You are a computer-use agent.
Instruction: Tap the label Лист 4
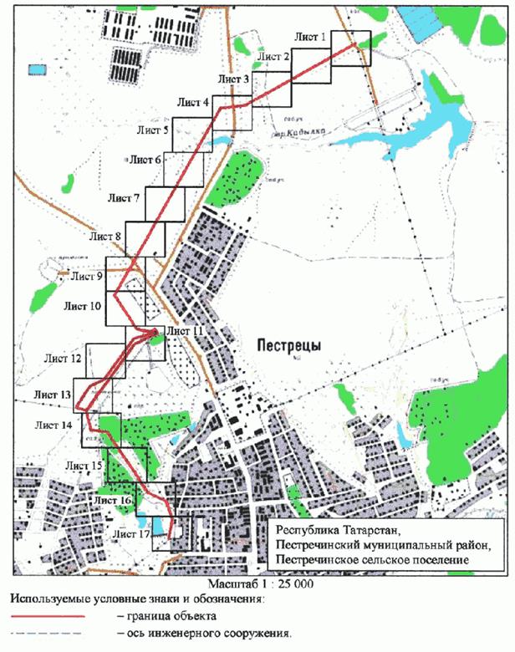tap(193, 102)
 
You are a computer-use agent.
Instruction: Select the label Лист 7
tap(125, 199)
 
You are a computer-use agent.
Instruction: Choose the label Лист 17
tap(131, 532)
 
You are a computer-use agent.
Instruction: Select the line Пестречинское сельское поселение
tap(374, 559)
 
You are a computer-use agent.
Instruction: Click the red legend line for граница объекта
tap(48, 615)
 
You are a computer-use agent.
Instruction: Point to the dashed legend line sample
tap(48, 632)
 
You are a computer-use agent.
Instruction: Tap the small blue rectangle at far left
tap(37, 68)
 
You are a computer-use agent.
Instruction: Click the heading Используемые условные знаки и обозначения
tap(137, 599)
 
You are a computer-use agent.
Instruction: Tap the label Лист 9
tap(87, 275)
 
